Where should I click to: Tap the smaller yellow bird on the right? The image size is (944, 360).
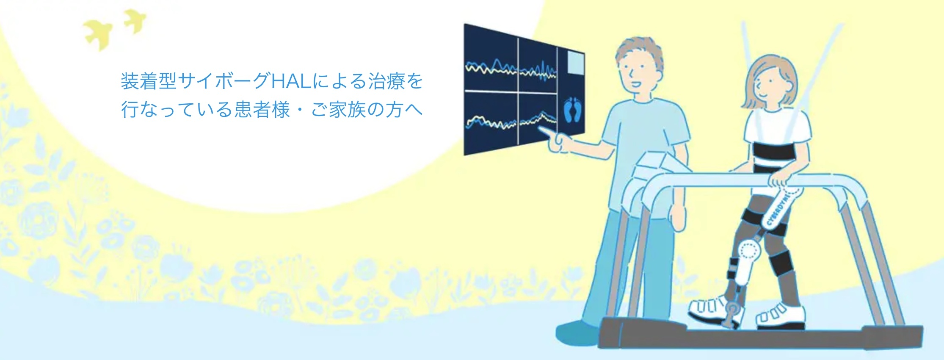[135, 21]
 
